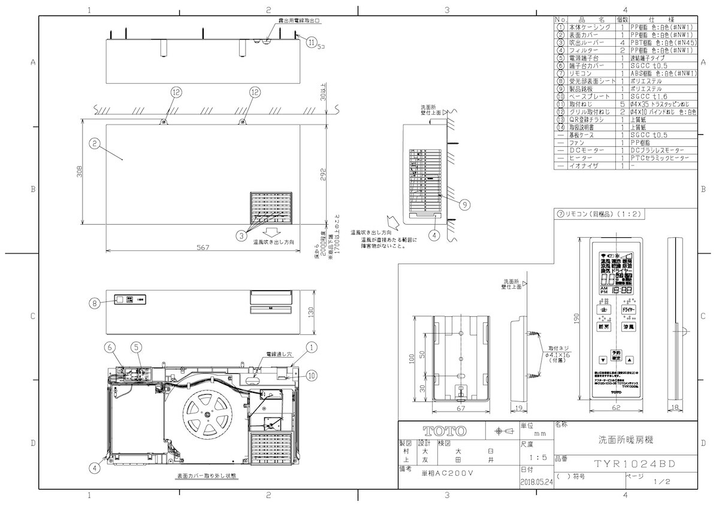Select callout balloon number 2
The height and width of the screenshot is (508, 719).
pyautogui.click(x=93, y=143)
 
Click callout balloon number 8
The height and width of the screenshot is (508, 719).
pyautogui.click(x=93, y=303)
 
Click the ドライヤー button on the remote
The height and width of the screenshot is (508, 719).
pyautogui.click(x=629, y=309)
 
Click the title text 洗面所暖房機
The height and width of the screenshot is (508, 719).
pyautogui.click(x=626, y=439)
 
